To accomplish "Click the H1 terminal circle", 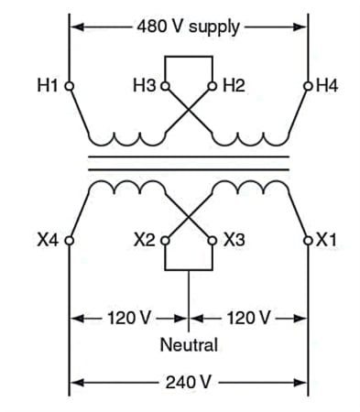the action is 70,86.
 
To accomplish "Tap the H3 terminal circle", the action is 165,86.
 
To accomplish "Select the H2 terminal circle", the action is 213,86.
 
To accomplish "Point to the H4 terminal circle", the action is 308,86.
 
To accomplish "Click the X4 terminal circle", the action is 70,241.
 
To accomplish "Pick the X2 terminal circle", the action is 165,241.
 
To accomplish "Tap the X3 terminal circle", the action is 213,241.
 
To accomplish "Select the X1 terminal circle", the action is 308,241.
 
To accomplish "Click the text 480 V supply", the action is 189,27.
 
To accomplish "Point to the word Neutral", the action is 189,345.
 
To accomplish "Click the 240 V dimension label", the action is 189,382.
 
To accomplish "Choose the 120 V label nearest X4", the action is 129,318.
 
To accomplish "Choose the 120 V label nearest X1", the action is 248,318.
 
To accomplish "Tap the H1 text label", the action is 48,85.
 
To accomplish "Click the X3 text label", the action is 235,240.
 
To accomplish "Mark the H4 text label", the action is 327,85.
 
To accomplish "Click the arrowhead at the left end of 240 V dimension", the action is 77,383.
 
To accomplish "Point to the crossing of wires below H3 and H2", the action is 189,110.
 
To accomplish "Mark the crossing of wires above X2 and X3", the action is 189,217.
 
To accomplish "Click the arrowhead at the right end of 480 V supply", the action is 300,27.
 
